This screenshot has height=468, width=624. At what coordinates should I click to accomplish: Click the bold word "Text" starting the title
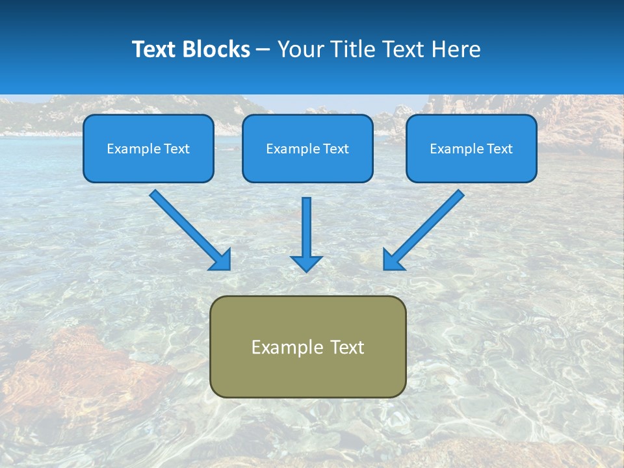pyautogui.click(x=155, y=49)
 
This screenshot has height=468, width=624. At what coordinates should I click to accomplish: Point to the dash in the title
pyautogui.click(x=263, y=50)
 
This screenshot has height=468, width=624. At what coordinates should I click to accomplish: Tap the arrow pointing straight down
pyautogui.click(x=306, y=227)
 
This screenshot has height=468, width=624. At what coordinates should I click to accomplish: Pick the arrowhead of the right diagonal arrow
pyautogui.click(x=393, y=260)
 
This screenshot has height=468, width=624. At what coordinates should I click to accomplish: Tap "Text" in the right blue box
pyautogui.click(x=499, y=149)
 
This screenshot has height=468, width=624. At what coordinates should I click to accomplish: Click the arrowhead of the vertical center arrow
pyautogui.click(x=306, y=263)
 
